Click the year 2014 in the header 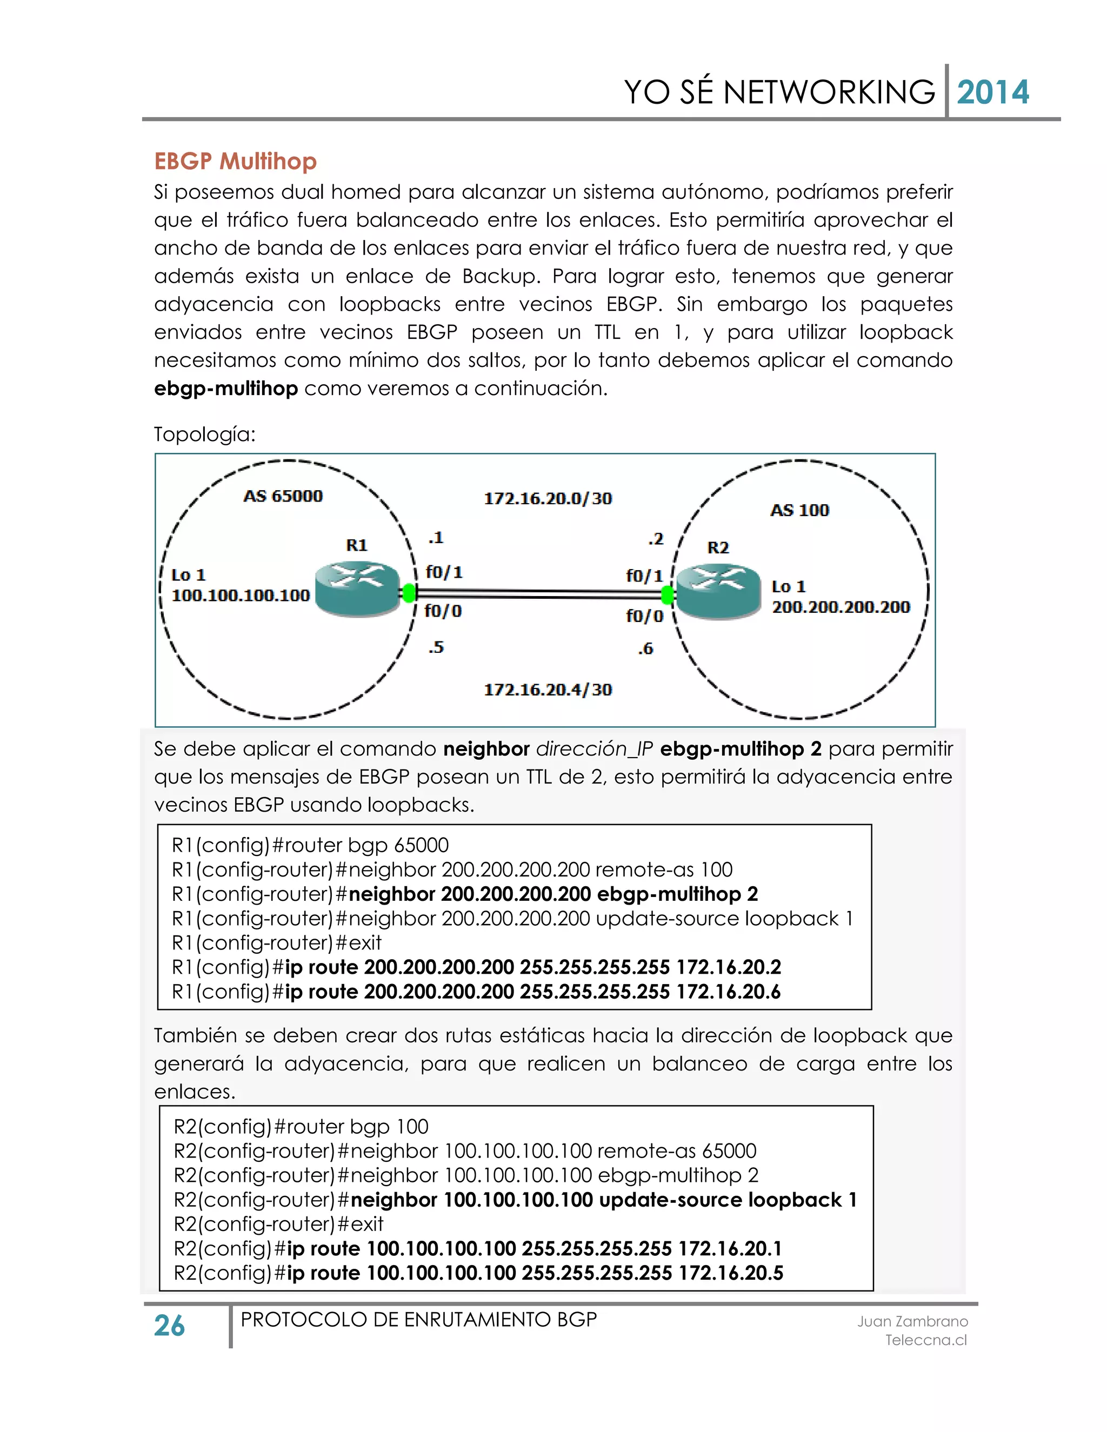click(992, 92)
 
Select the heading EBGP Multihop click(236, 161)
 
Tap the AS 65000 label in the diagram click(283, 497)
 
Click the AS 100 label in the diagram click(799, 510)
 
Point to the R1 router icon click(357, 590)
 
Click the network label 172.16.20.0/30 click(548, 499)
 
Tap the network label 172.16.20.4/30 click(548, 690)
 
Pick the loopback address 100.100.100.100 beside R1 click(240, 596)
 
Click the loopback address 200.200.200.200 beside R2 click(841, 608)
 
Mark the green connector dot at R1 click(409, 593)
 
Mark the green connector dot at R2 click(668, 595)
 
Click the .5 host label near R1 click(436, 648)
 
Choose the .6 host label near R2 click(646, 649)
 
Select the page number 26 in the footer click(169, 1326)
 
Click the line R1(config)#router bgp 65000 click(310, 845)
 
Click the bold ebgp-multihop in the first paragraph click(225, 389)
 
